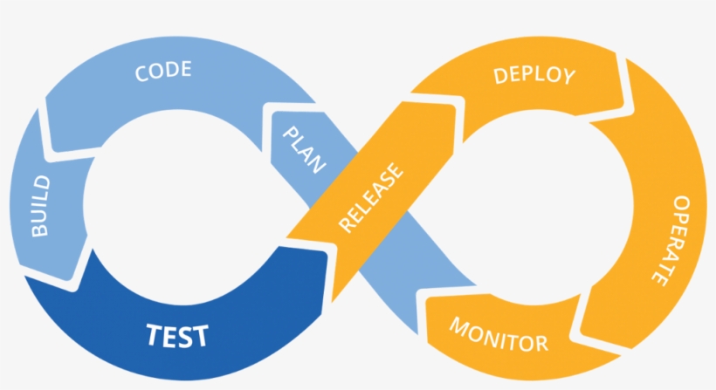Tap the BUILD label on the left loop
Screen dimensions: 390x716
point(41,206)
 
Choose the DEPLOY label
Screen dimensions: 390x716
point(534,75)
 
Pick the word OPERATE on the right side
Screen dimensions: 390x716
point(671,239)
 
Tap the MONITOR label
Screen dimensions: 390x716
point(499,334)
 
